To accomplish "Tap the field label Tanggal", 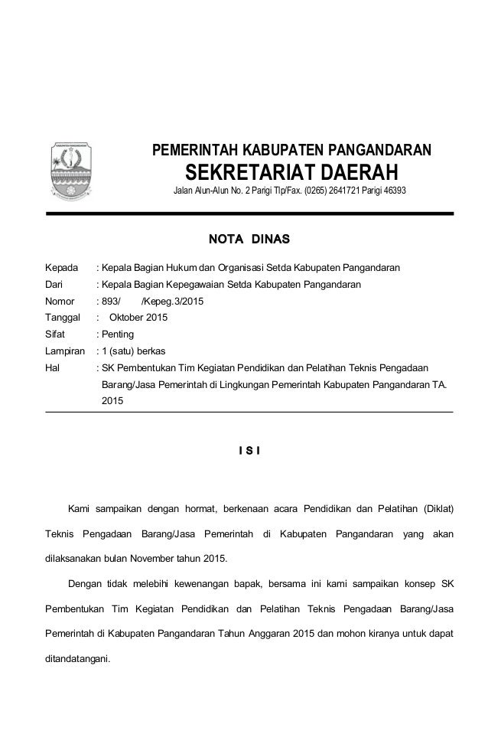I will pyautogui.click(x=63, y=318).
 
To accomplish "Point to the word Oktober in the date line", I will pyautogui.click(x=129, y=318).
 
